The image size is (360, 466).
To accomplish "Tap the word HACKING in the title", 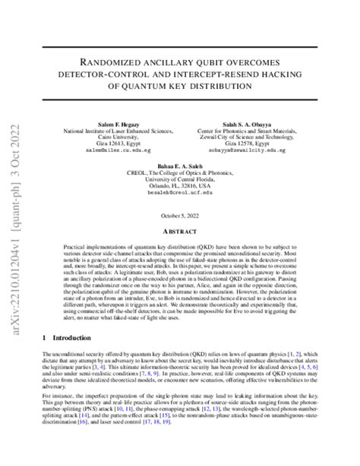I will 301,74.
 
